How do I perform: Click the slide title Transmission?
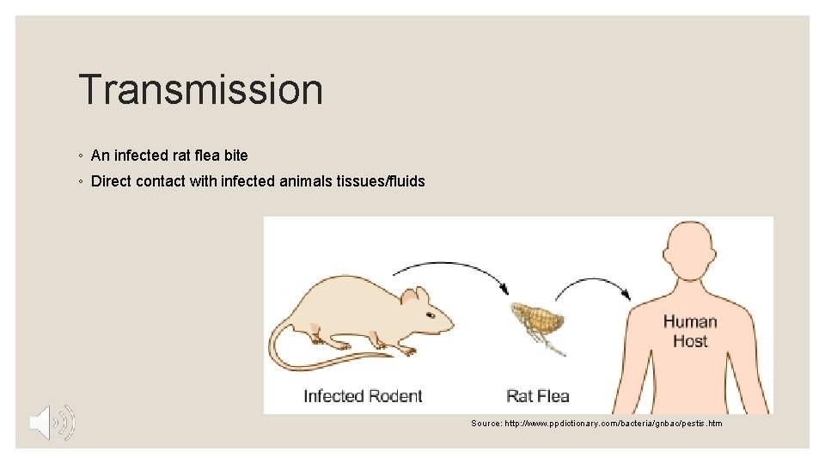200,90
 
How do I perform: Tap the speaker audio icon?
52,422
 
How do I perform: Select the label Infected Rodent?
363,396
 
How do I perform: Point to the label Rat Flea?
538,396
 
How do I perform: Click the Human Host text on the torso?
690,331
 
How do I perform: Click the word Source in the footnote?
486,424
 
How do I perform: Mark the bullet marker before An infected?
79,156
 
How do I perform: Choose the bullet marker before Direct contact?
79,182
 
